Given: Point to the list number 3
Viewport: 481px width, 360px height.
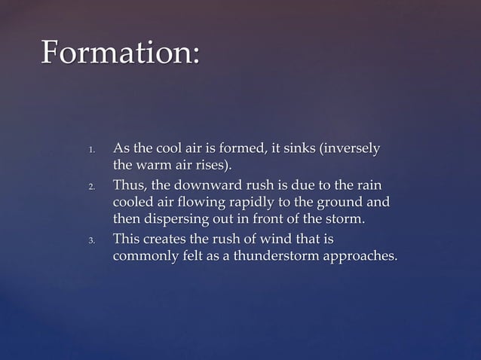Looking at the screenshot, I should tap(91, 242).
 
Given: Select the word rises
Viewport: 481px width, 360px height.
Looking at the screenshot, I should tap(213, 165).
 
